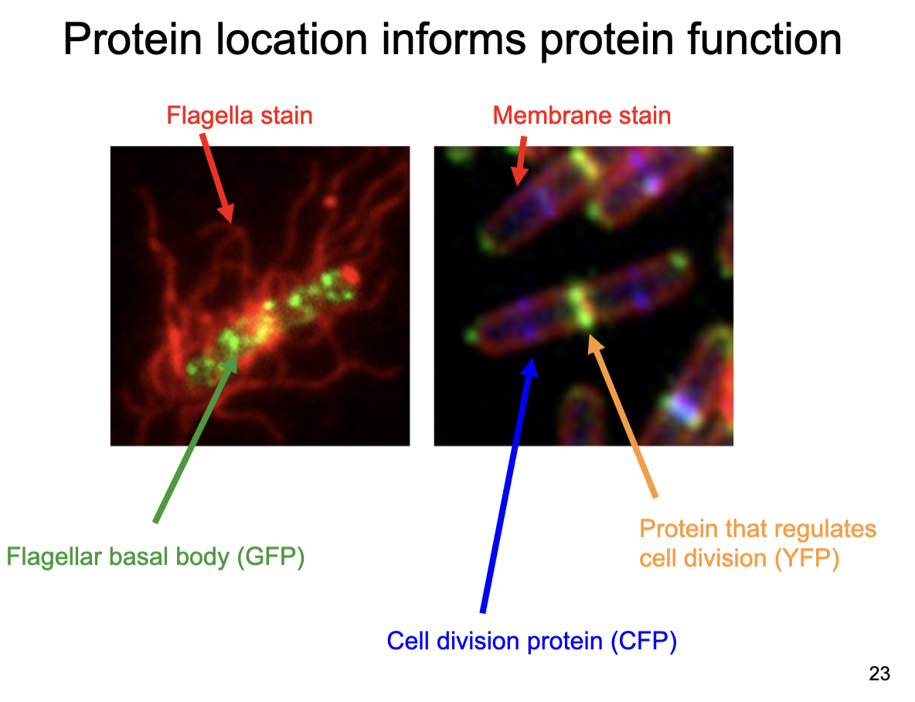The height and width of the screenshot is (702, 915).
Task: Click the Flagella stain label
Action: (240, 116)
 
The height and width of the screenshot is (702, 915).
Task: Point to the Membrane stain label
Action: (581, 116)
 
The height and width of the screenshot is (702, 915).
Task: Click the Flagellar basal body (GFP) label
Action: (155, 557)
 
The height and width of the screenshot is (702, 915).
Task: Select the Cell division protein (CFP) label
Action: (532, 641)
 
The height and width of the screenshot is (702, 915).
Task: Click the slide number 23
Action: (879, 674)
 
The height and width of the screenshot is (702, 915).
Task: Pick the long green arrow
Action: (193, 445)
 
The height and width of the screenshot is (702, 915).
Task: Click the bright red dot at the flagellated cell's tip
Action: (349, 274)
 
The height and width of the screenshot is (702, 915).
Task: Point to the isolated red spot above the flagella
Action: (330, 203)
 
